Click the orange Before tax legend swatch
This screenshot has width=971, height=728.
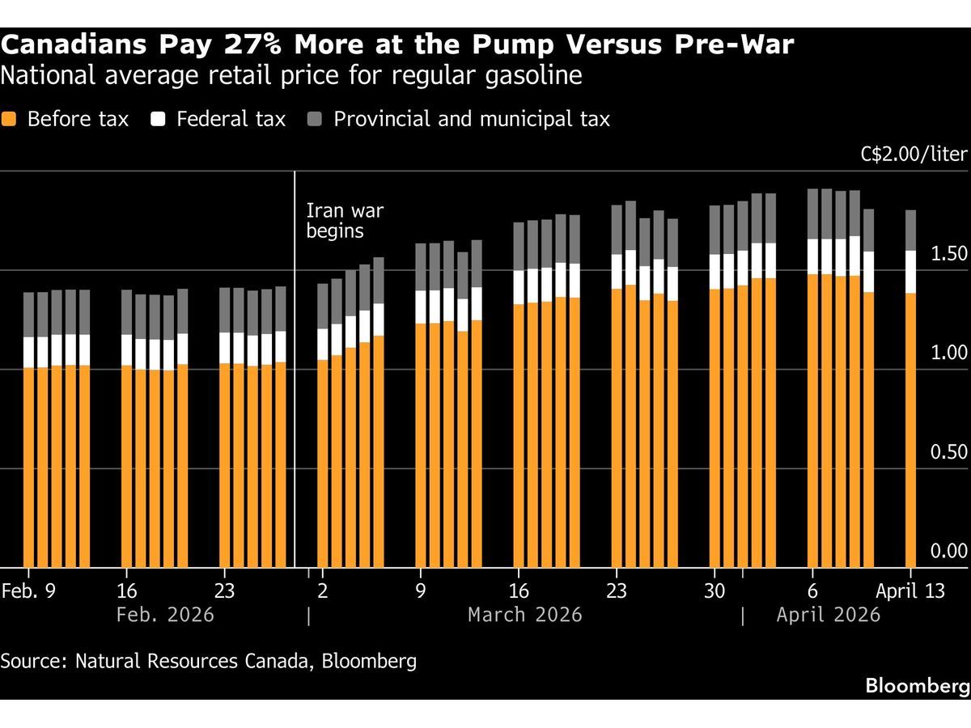(x=9, y=119)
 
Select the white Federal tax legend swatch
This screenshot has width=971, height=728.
(x=159, y=119)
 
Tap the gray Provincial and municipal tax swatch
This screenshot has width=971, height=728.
(x=316, y=119)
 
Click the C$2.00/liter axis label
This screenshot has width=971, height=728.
(x=914, y=154)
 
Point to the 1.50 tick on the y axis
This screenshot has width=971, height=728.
(x=948, y=254)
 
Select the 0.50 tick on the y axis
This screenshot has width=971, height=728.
(x=948, y=451)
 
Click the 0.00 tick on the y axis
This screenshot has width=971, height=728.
(x=948, y=551)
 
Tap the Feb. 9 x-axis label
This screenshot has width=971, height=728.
(x=28, y=590)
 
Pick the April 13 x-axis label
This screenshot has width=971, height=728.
(x=912, y=590)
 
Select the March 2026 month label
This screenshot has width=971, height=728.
(x=524, y=615)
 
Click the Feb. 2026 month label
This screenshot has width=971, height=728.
(x=165, y=615)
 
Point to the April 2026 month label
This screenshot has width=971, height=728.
(x=828, y=615)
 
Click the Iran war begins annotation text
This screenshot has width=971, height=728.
(x=344, y=221)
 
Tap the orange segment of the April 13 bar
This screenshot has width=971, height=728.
(x=910, y=429)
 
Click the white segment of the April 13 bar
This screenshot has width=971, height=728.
(x=910, y=272)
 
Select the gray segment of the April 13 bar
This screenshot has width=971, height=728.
(x=910, y=231)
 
